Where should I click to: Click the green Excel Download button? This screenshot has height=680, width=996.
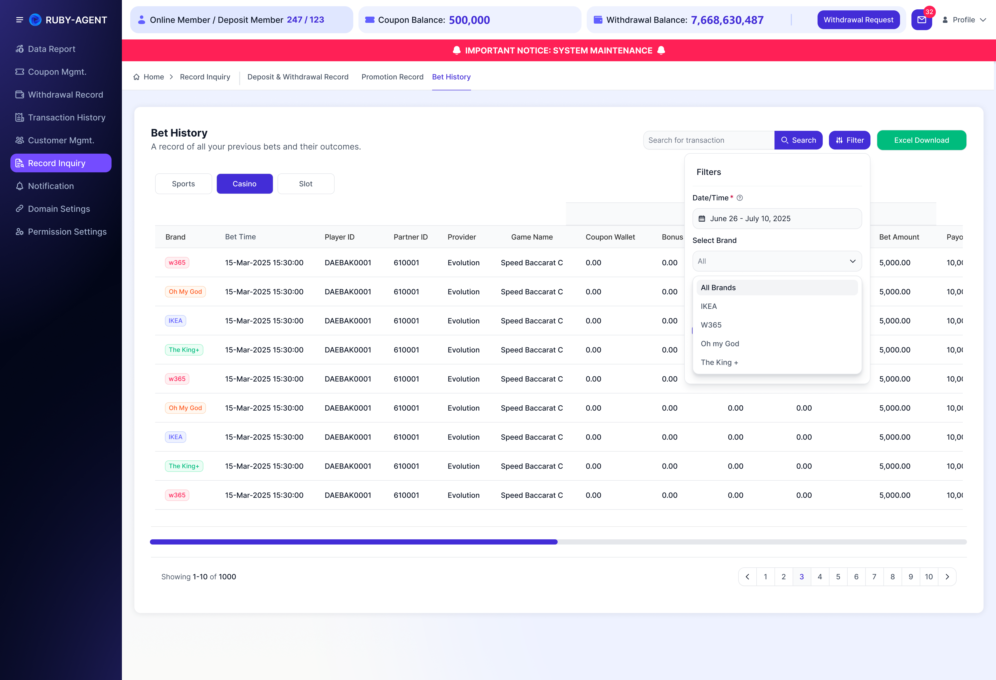(921, 140)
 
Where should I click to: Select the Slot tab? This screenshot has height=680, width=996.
(306, 183)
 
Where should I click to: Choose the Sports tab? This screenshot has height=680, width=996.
(183, 183)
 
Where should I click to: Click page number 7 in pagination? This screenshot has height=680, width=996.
(874, 577)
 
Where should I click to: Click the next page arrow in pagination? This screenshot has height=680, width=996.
(947, 577)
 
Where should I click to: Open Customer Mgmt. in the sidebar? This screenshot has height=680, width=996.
(61, 140)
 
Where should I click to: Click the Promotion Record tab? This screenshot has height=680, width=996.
(392, 77)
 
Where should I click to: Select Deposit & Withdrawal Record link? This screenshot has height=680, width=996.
(298, 77)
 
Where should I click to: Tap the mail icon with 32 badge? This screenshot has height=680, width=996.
(921, 20)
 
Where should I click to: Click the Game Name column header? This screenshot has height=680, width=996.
(532, 237)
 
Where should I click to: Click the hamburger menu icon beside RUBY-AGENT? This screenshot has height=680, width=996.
(19, 20)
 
